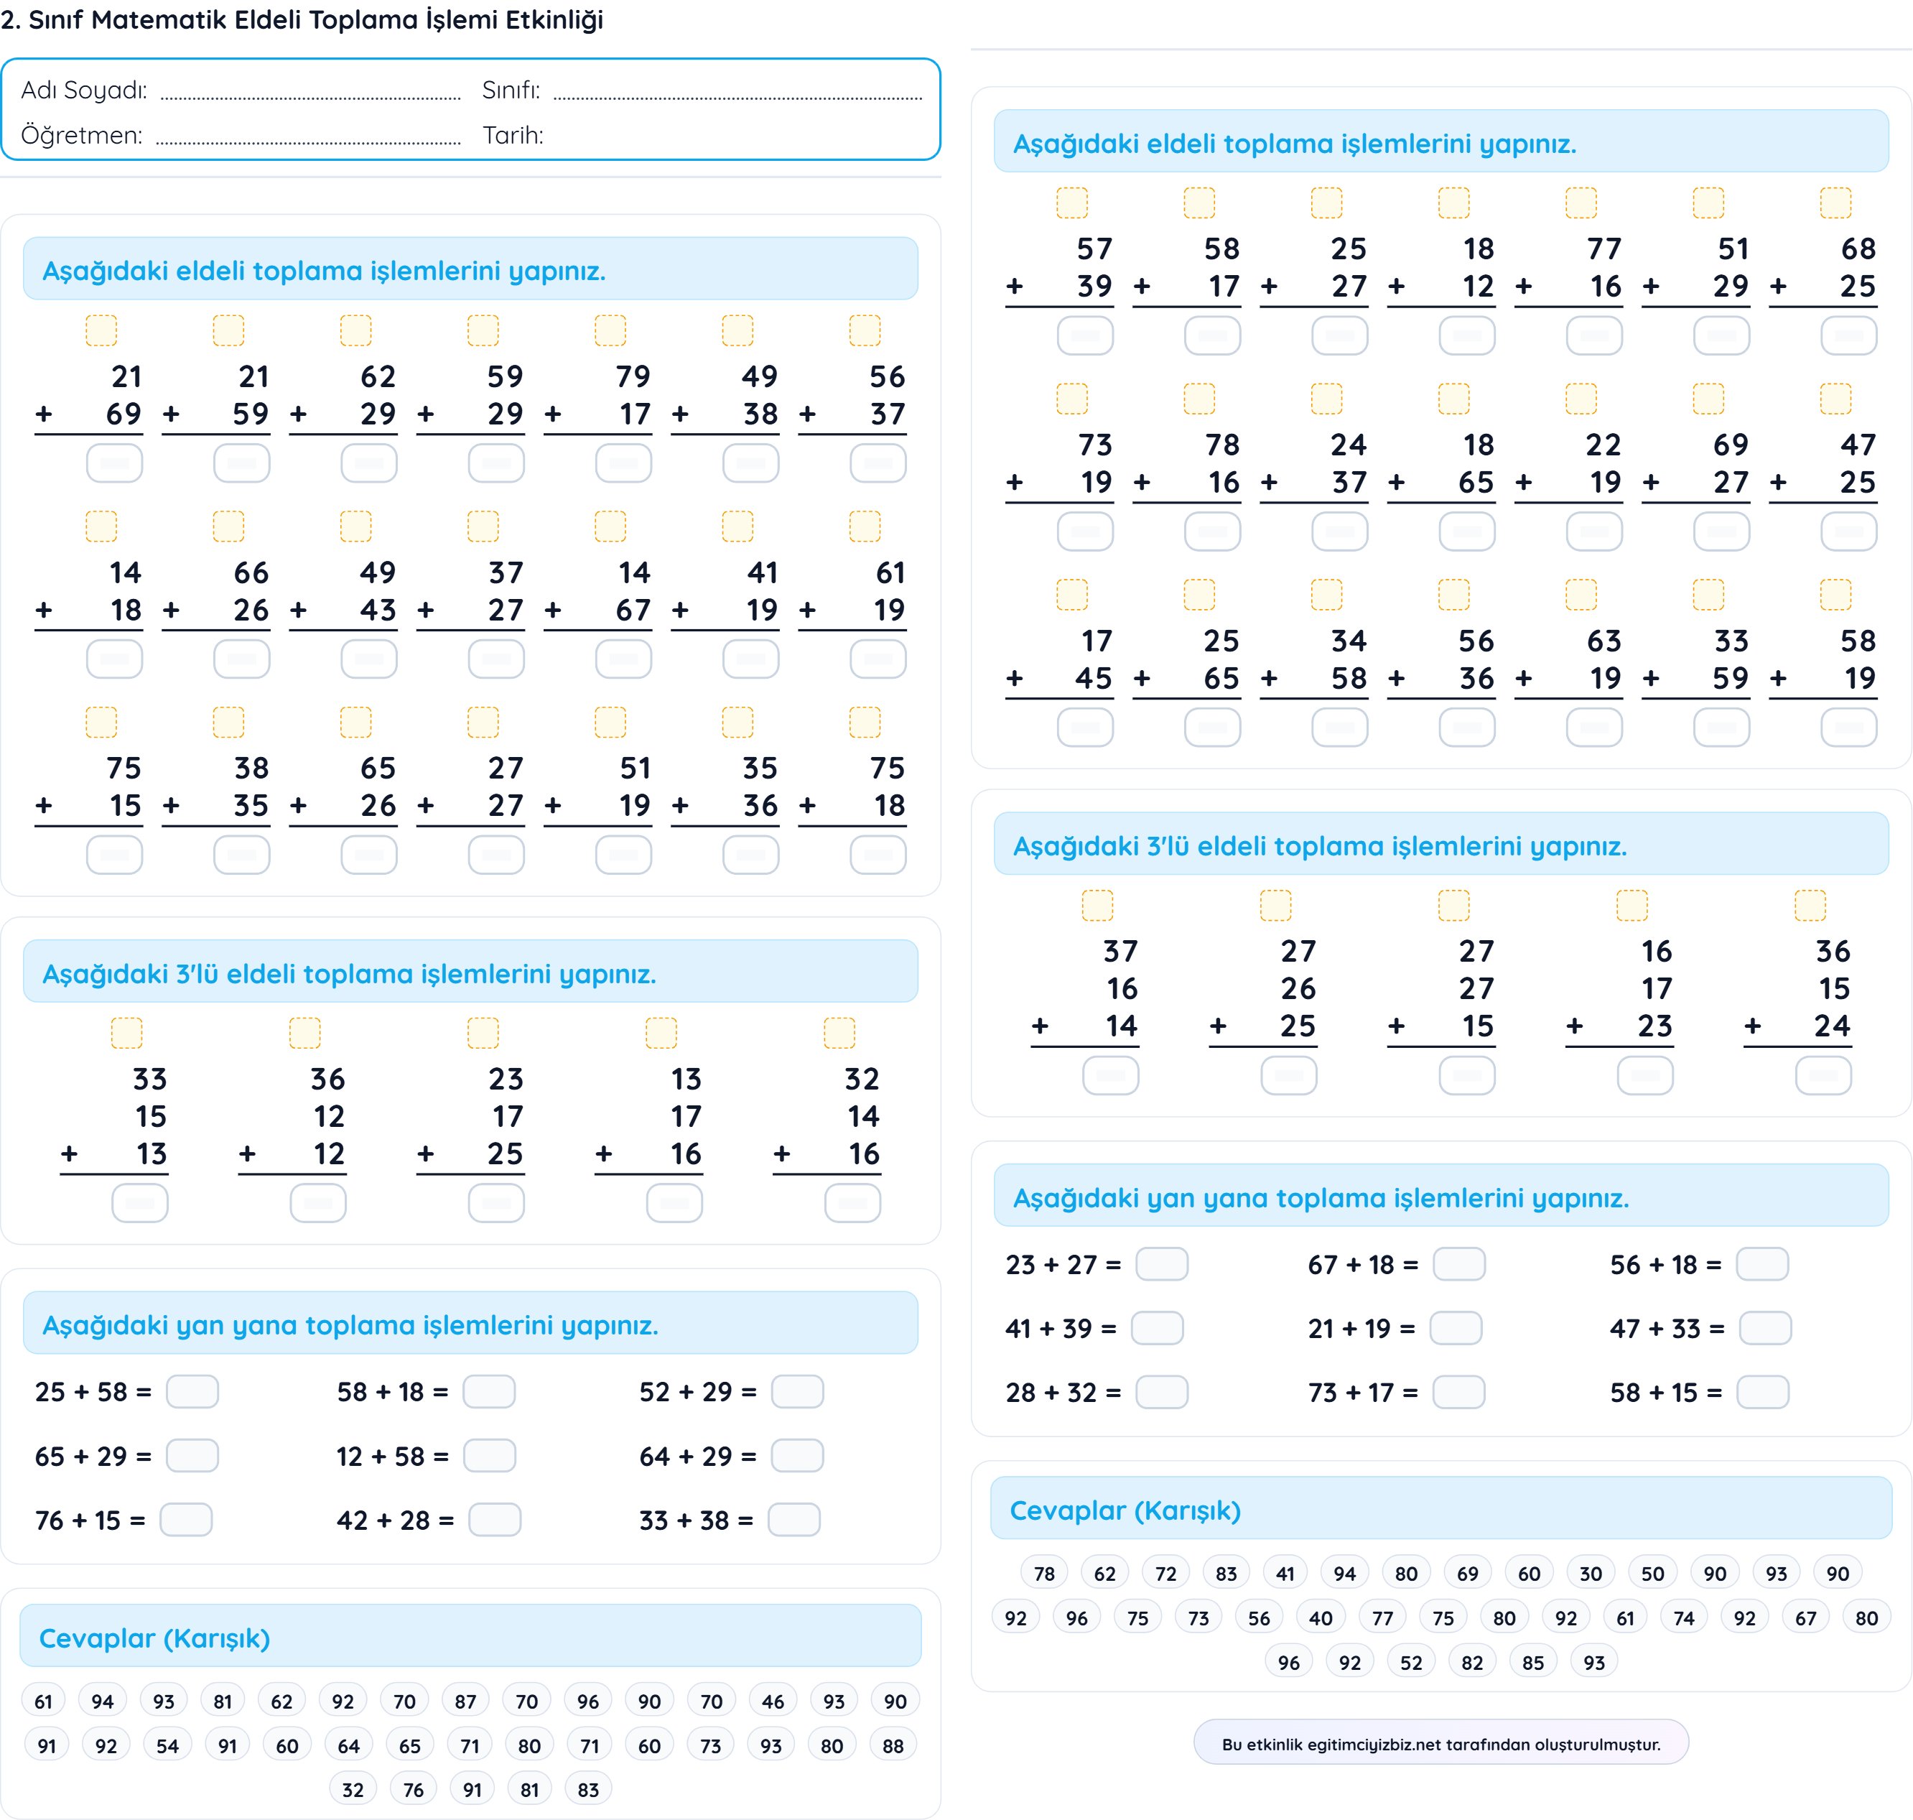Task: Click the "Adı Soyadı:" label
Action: click(85, 90)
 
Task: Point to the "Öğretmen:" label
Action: click(81, 135)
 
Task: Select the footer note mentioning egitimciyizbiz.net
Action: click(1440, 1743)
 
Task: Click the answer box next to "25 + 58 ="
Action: click(192, 1391)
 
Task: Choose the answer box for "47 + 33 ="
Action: click(1764, 1328)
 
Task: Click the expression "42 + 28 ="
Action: click(395, 1519)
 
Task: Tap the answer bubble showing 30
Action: click(1591, 1574)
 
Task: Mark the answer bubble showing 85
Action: click(1532, 1662)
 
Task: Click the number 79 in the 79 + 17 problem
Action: click(633, 376)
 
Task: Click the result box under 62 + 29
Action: click(368, 463)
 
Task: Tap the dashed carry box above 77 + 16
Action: click(1581, 203)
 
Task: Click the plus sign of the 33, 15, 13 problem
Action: click(69, 1153)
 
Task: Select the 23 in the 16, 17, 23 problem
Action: click(1655, 1026)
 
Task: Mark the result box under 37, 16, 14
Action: click(1111, 1075)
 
